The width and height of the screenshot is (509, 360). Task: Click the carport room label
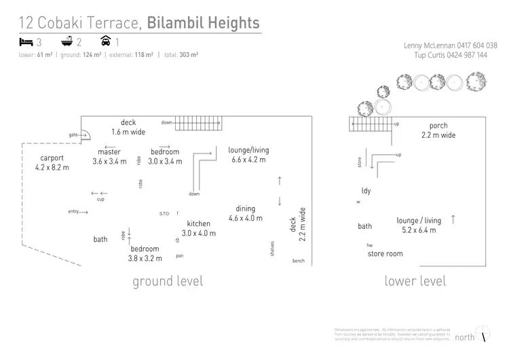pos(52,158)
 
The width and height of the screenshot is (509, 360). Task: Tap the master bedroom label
pos(109,152)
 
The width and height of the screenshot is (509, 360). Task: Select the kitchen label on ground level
pos(199,223)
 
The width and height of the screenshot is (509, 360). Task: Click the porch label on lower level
pos(438,126)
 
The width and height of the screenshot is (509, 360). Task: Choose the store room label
pos(385,254)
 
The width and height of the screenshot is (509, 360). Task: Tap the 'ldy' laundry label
pos(366,191)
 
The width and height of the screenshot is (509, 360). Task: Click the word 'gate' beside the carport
pos(73,134)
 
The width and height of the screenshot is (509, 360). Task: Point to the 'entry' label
pos(74,212)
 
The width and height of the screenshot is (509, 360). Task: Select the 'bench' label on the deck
pos(299,262)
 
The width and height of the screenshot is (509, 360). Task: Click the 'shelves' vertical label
pos(272,248)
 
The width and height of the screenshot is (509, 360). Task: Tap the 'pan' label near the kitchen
pos(179,256)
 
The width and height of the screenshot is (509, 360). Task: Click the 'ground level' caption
pos(168,281)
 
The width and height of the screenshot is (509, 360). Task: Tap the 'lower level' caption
pos(415,281)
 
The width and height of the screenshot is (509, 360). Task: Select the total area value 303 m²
pos(189,55)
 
